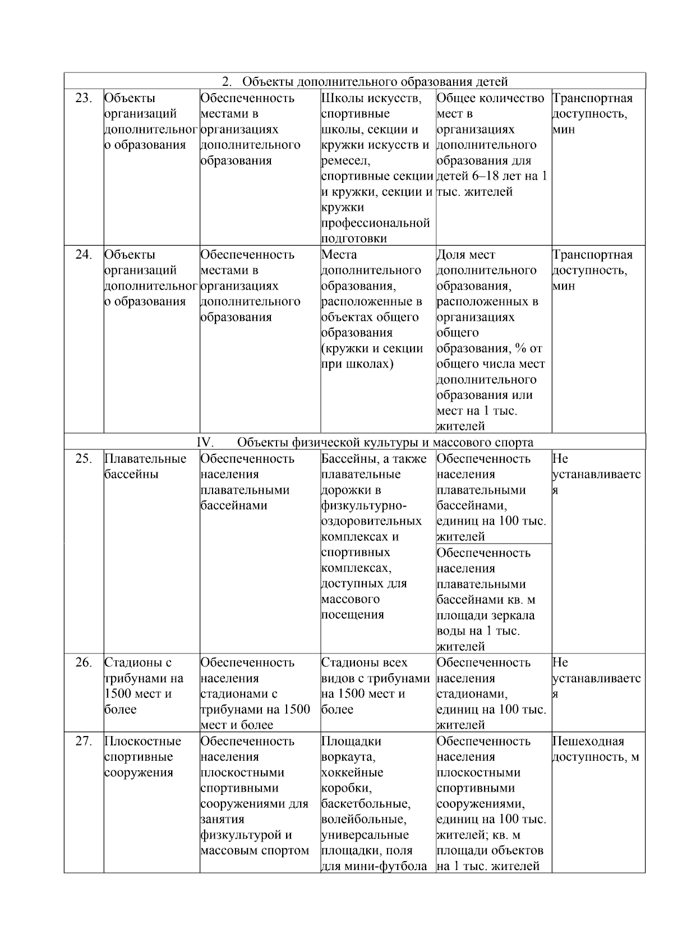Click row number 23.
(84, 98)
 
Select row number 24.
(84, 255)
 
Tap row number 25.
(84, 459)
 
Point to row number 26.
(84, 663)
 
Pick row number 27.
(84, 741)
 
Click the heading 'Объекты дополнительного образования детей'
(375, 82)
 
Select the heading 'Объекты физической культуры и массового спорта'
(385, 443)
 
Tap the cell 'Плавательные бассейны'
(145, 467)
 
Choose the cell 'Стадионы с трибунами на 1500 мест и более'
(144, 686)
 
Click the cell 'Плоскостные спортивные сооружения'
(143, 757)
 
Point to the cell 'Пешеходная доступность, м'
(596, 749)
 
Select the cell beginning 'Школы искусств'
(376, 168)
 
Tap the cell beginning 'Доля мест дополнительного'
(491, 340)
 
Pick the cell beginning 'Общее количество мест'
(491, 145)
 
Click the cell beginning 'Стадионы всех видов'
(375, 686)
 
